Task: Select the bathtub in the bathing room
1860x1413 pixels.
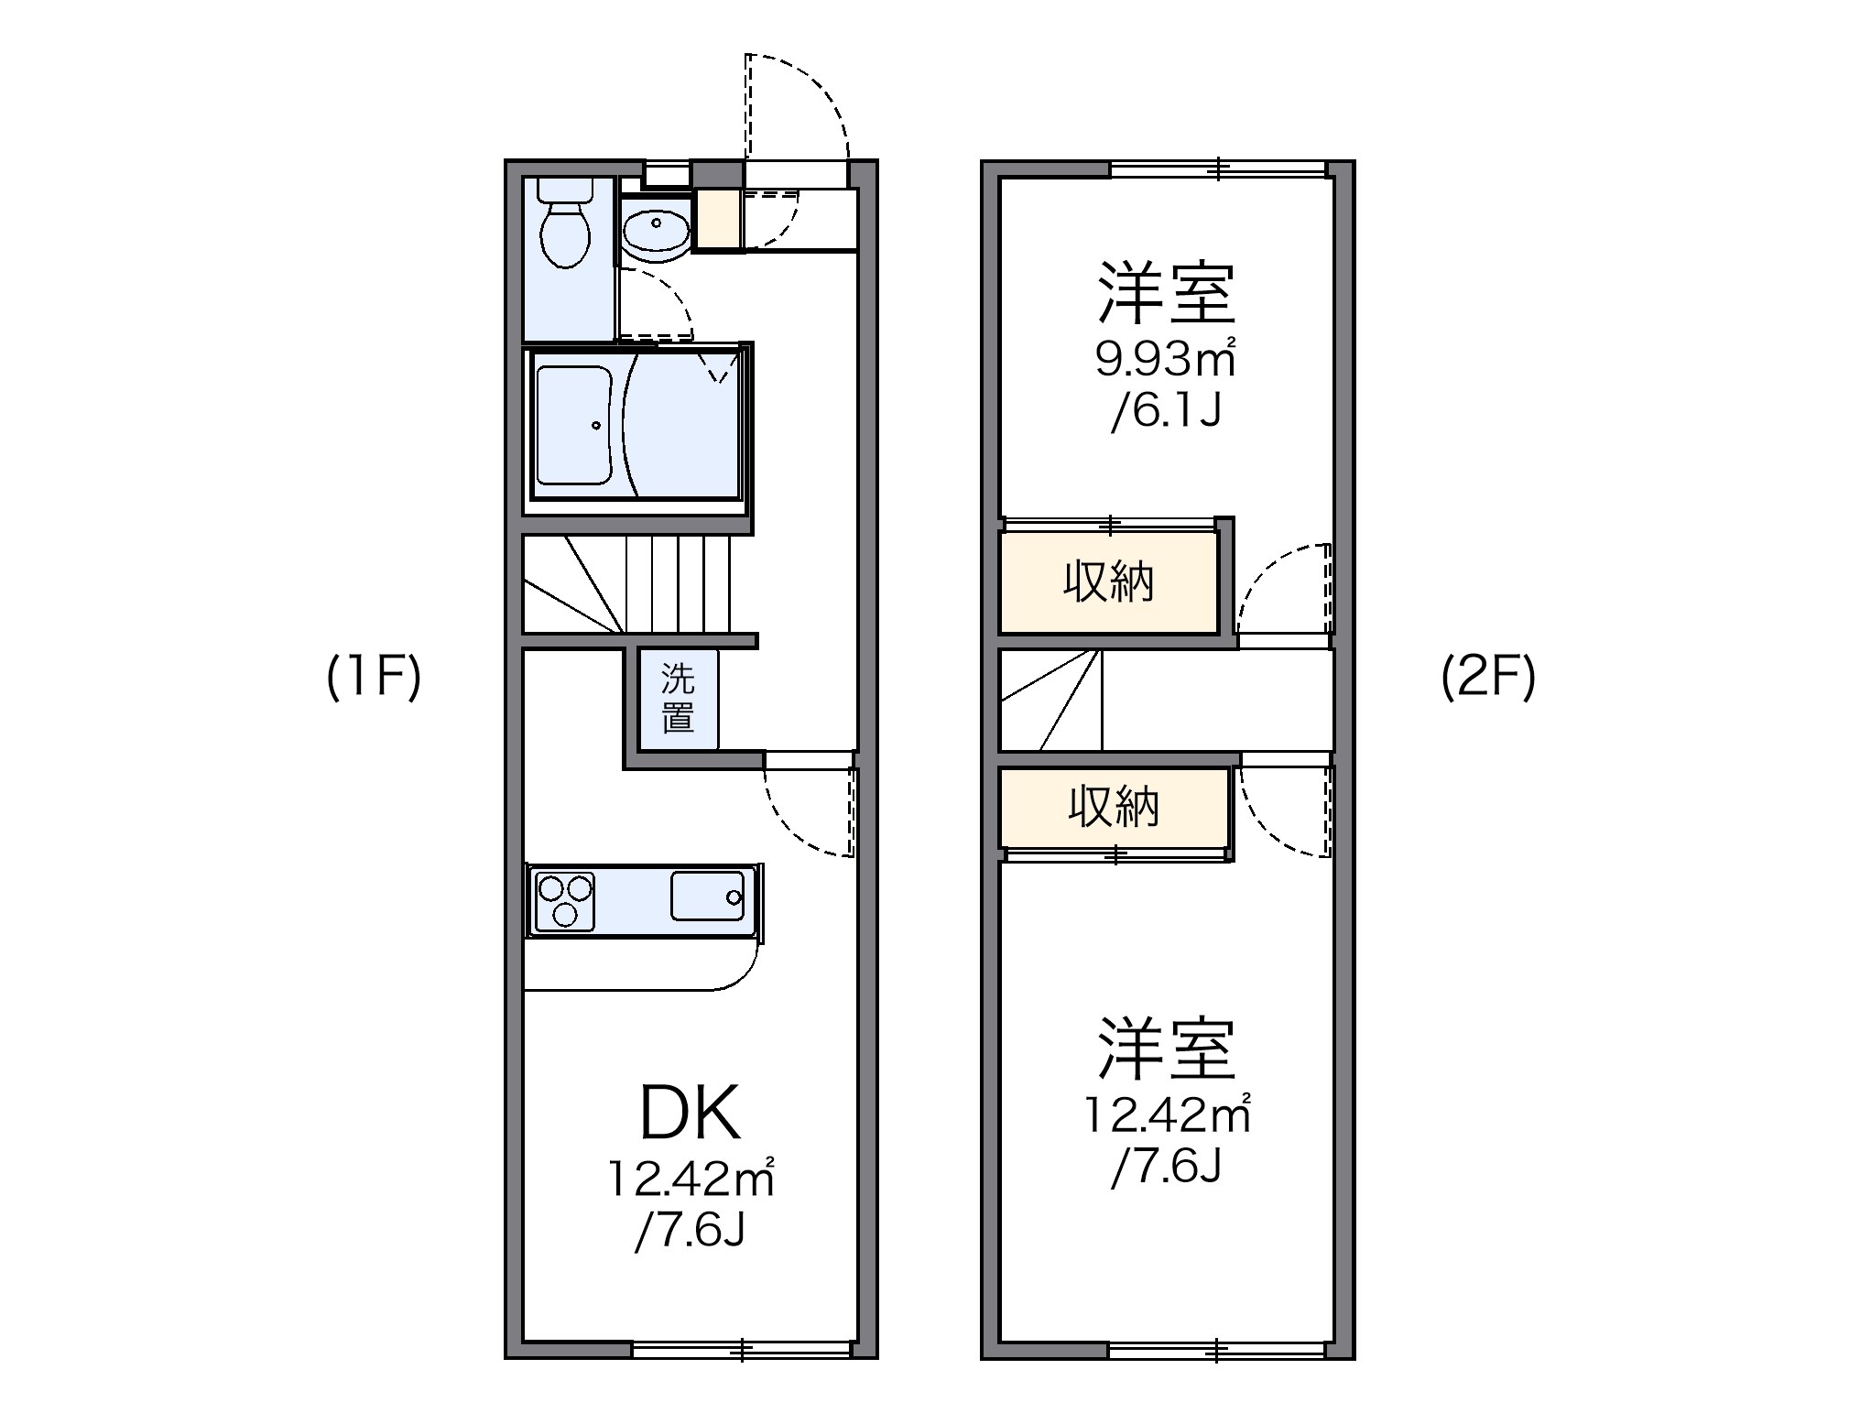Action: [x=574, y=425]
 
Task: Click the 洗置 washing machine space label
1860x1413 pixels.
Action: [x=678, y=698]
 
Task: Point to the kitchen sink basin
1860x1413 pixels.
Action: [x=707, y=896]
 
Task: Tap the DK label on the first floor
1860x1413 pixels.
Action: [x=690, y=1113]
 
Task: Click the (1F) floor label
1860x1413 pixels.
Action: [x=374, y=679]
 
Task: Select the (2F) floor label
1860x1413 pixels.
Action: [x=1488, y=679]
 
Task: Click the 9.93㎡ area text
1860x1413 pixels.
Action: [x=1165, y=359]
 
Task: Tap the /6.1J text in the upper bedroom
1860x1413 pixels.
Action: [x=1166, y=413]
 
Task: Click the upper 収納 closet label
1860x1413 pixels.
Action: [x=1108, y=582]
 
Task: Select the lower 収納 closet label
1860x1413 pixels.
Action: [x=1114, y=807]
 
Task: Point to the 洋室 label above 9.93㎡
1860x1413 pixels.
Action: [x=1167, y=293]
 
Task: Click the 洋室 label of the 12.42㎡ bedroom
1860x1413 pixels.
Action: [x=1167, y=1049]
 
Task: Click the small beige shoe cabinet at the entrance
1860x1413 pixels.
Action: [x=717, y=220]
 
